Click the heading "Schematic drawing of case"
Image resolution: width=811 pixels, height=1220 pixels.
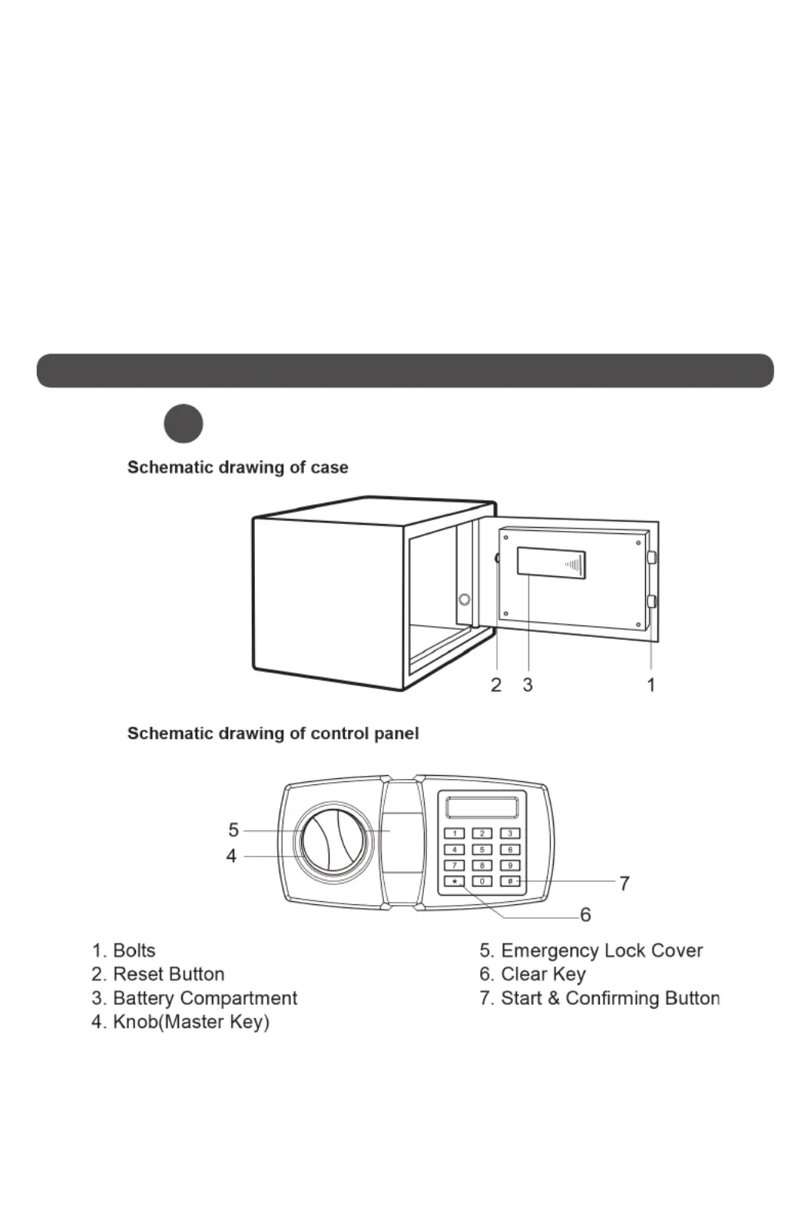(x=237, y=467)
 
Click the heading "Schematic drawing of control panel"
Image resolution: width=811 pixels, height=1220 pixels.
(x=273, y=734)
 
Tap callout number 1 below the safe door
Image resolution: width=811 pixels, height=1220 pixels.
(x=650, y=685)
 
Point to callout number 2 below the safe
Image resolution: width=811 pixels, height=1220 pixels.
(x=496, y=685)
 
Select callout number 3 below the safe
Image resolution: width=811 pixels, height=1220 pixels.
(x=528, y=685)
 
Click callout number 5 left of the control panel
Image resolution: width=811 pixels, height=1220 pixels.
(x=233, y=830)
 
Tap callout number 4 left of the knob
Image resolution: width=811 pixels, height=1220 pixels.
(x=231, y=856)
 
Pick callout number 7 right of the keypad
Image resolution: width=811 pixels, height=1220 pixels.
(x=624, y=883)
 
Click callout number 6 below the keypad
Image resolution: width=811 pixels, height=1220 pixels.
(x=586, y=914)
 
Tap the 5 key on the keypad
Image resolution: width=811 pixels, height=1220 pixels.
(x=482, y=849)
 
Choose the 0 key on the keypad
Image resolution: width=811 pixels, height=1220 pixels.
(x=482, y=880)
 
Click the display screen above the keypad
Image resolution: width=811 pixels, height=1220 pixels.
(x=482, y=807)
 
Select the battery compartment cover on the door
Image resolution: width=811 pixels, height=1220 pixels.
(x=551, y=563)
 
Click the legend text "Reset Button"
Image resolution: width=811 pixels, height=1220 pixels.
(x=169, y=974)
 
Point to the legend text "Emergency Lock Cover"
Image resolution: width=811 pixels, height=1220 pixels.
(x=602, y=950)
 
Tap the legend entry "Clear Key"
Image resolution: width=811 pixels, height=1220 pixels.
(x=533, y=974)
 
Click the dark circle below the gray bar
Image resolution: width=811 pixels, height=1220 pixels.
(x=184, y=424)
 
